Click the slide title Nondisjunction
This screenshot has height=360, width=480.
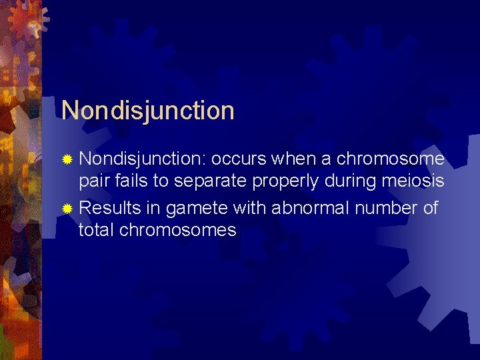[x=147, y=111]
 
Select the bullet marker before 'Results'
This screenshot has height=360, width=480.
[x=67, y=209]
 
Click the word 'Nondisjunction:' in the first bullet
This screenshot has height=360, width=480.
[x=142, y=160]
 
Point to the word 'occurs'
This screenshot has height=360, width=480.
[x=239, y=160]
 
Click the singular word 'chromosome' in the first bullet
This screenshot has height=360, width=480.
[x=390, y=160]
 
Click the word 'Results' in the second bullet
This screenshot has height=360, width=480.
[x=110, y=208]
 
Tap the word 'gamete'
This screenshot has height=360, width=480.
[x=197, y=209]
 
